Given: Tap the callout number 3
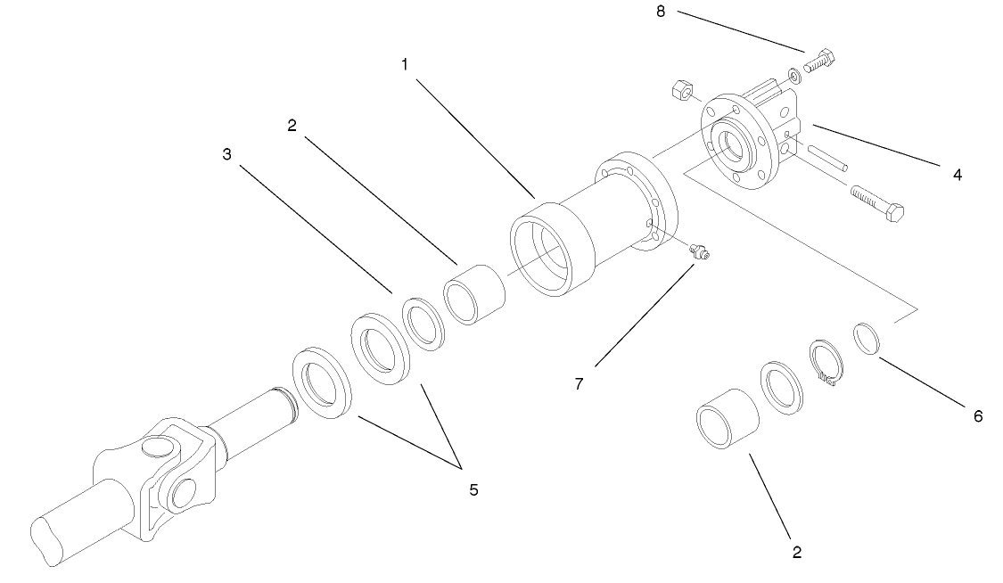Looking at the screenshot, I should pos(227,153).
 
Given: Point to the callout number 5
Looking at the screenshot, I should pos(473,489).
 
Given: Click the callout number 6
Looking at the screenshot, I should pos(978,415).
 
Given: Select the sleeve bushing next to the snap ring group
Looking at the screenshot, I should pos(726,417).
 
